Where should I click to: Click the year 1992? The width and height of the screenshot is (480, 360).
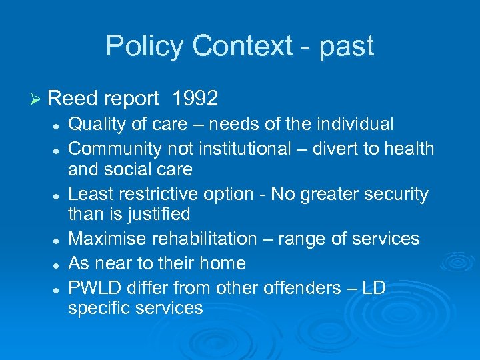pyautogui.click(x=195, y=99)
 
